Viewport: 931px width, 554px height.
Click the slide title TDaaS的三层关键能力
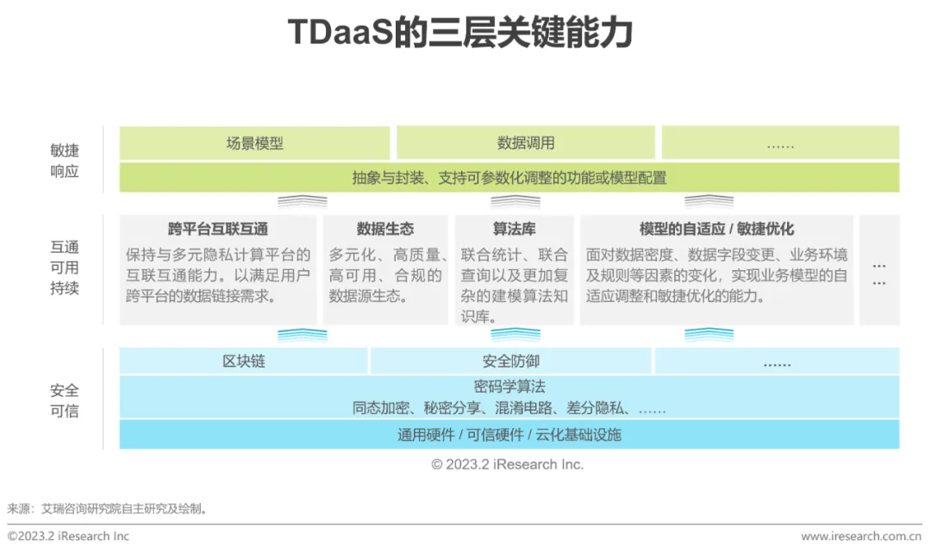coord(465,34)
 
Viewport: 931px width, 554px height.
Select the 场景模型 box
coord(254,143)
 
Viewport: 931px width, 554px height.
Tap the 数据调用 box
coord(525,143)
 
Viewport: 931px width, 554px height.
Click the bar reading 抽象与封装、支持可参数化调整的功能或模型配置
coord(509,178)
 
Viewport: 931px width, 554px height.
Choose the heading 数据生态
coord(384,229)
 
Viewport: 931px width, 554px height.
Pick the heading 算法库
coord(514,229)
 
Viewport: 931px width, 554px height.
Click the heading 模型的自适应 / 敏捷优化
coord(716,229)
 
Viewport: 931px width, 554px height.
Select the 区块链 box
coord(243,362)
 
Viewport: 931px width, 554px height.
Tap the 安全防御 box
coord(510,362)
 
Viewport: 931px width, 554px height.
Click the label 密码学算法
coord(509,387)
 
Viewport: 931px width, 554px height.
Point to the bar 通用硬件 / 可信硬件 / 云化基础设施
coord(509,434)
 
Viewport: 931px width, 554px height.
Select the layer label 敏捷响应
coord(65,161)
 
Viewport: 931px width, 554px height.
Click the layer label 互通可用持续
coord(65,268)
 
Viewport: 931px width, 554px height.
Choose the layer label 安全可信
coord(65,400)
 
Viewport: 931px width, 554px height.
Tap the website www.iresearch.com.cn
coord(861,537)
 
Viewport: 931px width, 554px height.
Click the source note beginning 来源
coord(108,508)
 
